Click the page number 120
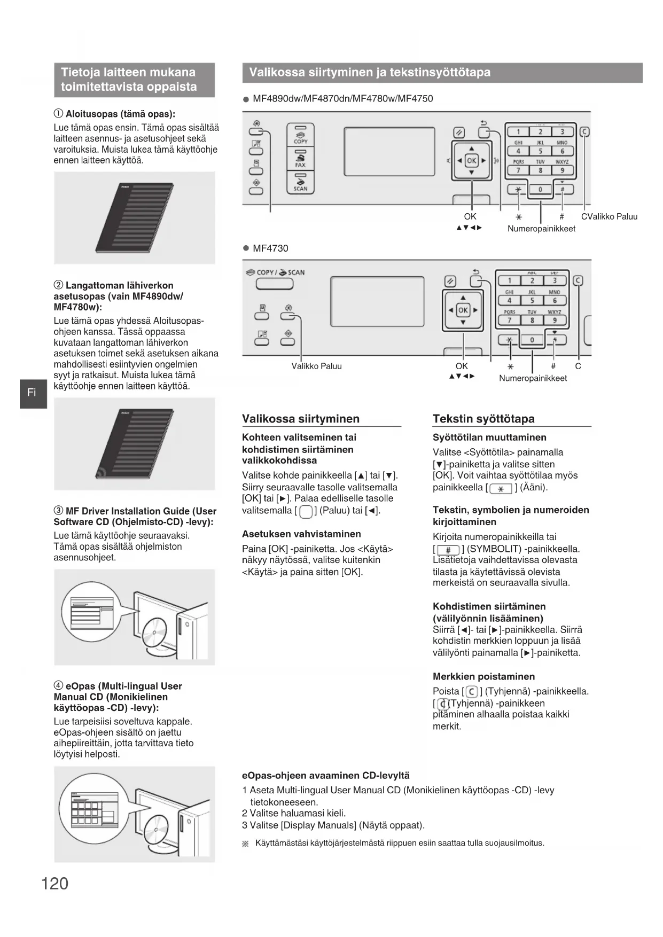(54, 884)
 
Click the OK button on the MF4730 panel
(463, 310)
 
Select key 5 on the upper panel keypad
(540, 151)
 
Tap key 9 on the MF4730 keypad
(555, 320)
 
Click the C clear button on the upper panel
(584, 131)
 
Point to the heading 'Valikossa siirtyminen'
(301, 419)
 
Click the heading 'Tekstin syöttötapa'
(483, 419)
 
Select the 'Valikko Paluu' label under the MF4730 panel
(316, 366)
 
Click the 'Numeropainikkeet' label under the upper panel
(541, 229)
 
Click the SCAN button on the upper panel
(301, 182)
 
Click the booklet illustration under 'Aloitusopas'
(135, 217)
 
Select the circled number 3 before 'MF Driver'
(58, 511)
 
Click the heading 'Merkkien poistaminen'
(483, 676)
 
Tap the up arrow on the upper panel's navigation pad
(471, 149)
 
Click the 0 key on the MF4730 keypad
(532, 340)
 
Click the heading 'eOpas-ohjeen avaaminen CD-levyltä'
(326, 776)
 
